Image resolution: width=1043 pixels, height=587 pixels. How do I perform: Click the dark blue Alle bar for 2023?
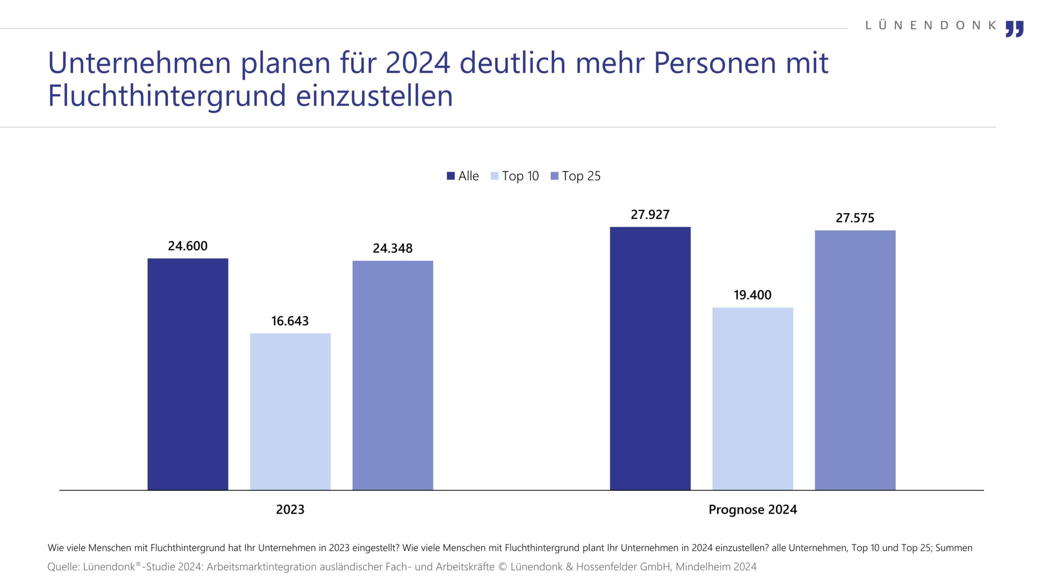[x=188, y=374]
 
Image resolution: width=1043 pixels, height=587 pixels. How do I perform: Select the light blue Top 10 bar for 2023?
[x=290, y=411]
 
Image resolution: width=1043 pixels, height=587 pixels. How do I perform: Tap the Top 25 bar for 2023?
[x=393, y=375]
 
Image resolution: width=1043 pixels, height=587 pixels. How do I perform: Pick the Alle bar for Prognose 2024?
[x=650, y=358]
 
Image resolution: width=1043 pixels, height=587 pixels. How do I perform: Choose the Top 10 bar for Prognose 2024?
[x=753, y=398]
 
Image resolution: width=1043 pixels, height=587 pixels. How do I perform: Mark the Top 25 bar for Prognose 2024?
[x=855, y=360]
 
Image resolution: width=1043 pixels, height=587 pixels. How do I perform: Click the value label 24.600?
[x=188, y=246]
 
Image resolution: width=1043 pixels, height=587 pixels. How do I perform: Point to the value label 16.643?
[x=290, y=321]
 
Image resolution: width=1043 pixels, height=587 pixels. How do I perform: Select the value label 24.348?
[x=393, y=248]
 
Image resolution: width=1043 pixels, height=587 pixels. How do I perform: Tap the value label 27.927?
[x=650, y=214]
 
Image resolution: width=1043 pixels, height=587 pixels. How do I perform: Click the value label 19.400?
[x=753, y=295]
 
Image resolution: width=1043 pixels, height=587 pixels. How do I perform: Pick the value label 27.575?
[x=855, y=218]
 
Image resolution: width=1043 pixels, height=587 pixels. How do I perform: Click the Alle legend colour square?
[x=451, y=176]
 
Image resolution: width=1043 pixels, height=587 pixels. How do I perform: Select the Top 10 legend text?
[x=520, y=176]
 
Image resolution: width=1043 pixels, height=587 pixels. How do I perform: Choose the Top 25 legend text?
[x=581, y=176]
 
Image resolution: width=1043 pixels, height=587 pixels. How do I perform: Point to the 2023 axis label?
[x=290, y=510]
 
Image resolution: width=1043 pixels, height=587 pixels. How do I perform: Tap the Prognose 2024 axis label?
[x=753, y=510]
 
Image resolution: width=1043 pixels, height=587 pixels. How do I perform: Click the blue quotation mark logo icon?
[x=1014, y=29]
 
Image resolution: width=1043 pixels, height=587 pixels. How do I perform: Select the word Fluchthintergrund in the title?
[x=167, y=96]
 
